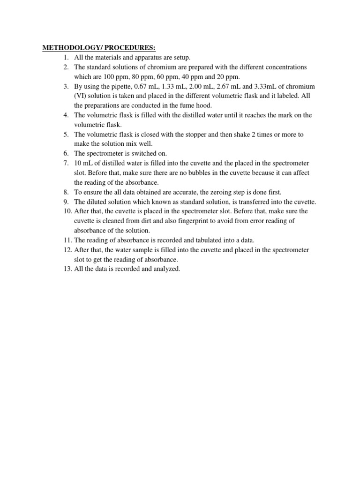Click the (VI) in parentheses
81,96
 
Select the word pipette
121,87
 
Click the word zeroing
202,192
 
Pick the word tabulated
201,240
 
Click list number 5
67,135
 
